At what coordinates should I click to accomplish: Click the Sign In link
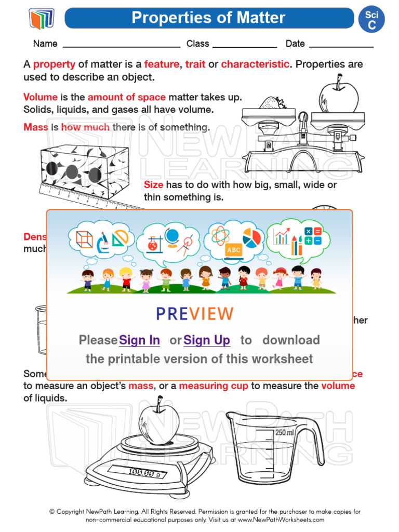(139, 340)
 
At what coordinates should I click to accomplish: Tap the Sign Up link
(207, 340)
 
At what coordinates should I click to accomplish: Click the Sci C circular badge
(371, 20)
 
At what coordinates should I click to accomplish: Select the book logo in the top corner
(42, 19)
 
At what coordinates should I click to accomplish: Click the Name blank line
(121, 45)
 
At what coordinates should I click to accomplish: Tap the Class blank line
(245, 45)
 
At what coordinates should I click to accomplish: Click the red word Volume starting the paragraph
(41, 97)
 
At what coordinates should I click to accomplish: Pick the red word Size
(153, 185)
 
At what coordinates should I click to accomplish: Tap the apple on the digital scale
(158, 421)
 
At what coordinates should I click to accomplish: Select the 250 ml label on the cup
(285, 432)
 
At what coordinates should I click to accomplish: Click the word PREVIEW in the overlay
(195, 314)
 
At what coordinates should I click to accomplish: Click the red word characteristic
(255, 64)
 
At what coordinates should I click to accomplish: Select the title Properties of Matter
(208, 18)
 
